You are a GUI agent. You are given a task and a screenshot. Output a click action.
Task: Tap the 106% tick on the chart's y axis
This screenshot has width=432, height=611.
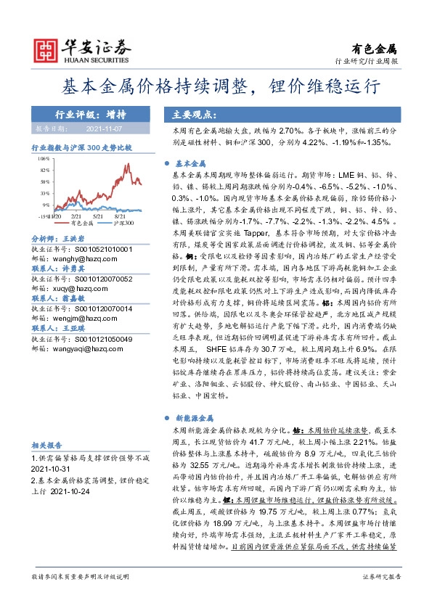click(44, 157)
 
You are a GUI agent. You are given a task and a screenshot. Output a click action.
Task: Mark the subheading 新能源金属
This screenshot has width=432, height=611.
click(195, 419)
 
